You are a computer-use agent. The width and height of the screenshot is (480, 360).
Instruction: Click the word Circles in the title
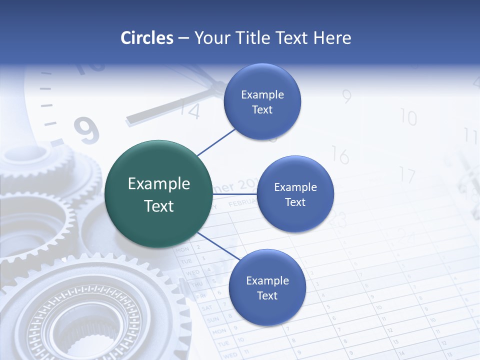(x=146, y=38)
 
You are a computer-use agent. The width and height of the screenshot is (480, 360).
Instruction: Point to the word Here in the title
(x=331, y=38)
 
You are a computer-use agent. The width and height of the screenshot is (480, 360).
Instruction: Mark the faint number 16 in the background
(x=339, y=156)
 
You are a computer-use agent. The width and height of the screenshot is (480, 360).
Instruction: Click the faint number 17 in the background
(x=407, y=175)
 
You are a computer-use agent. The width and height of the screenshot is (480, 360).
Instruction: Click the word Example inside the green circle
(x=159, y=184)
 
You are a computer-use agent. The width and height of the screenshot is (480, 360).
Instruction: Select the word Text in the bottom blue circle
(x=267, y=296)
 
